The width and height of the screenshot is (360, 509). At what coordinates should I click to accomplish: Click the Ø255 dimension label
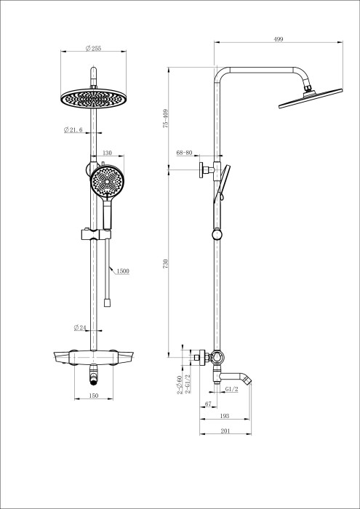coord(93,48)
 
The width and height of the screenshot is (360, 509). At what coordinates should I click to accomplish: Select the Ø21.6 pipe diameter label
coord(75,129)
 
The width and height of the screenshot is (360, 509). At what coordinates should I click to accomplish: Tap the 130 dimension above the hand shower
coord(107,153)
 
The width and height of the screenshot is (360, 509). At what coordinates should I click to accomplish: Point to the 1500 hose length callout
coord(123,271)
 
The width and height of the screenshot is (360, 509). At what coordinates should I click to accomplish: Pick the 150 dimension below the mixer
coord(93,396)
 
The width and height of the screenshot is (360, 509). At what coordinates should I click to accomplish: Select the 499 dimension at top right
coord(279,40)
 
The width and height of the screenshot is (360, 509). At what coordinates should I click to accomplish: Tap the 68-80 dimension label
coord(184,153)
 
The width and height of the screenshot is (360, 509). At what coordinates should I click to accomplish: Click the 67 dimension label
coord(208,404)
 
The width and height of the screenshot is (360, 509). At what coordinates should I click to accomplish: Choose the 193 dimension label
coord(225,417)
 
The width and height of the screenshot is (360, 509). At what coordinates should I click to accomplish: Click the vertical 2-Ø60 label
coord(179,385)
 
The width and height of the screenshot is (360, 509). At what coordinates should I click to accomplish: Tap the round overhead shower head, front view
coord(93,97)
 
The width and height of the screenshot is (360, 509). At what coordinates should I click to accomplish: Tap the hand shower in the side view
coord(225,182)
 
